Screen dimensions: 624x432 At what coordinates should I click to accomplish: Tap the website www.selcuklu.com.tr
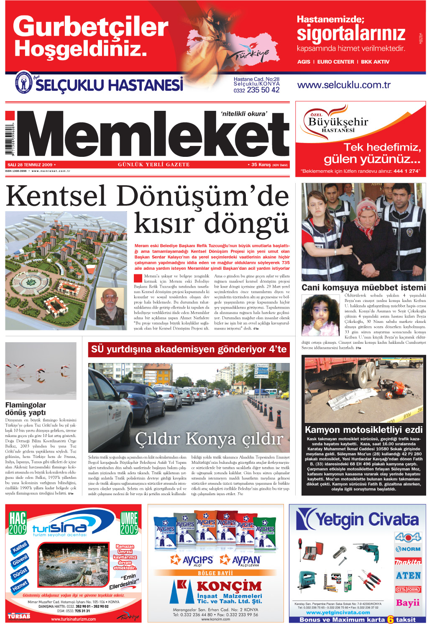[x=343, y=85]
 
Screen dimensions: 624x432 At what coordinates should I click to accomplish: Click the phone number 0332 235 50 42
[x=256, y=90]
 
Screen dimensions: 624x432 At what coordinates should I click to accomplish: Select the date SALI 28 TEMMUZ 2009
[x=29, y=165]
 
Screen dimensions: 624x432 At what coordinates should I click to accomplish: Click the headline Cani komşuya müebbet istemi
[x=363, y=287]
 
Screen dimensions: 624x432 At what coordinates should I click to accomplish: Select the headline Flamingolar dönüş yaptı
[x=26, y=409]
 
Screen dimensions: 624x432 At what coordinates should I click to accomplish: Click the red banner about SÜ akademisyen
[x=189, y=349]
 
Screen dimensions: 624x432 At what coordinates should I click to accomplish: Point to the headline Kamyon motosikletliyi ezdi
[x=363, y=430]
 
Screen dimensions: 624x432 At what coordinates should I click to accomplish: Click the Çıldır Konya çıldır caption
[x=209, y=439]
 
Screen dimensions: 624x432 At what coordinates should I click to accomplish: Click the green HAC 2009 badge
[x=18, y=523]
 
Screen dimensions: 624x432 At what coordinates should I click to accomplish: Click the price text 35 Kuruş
[x=261, y=165]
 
